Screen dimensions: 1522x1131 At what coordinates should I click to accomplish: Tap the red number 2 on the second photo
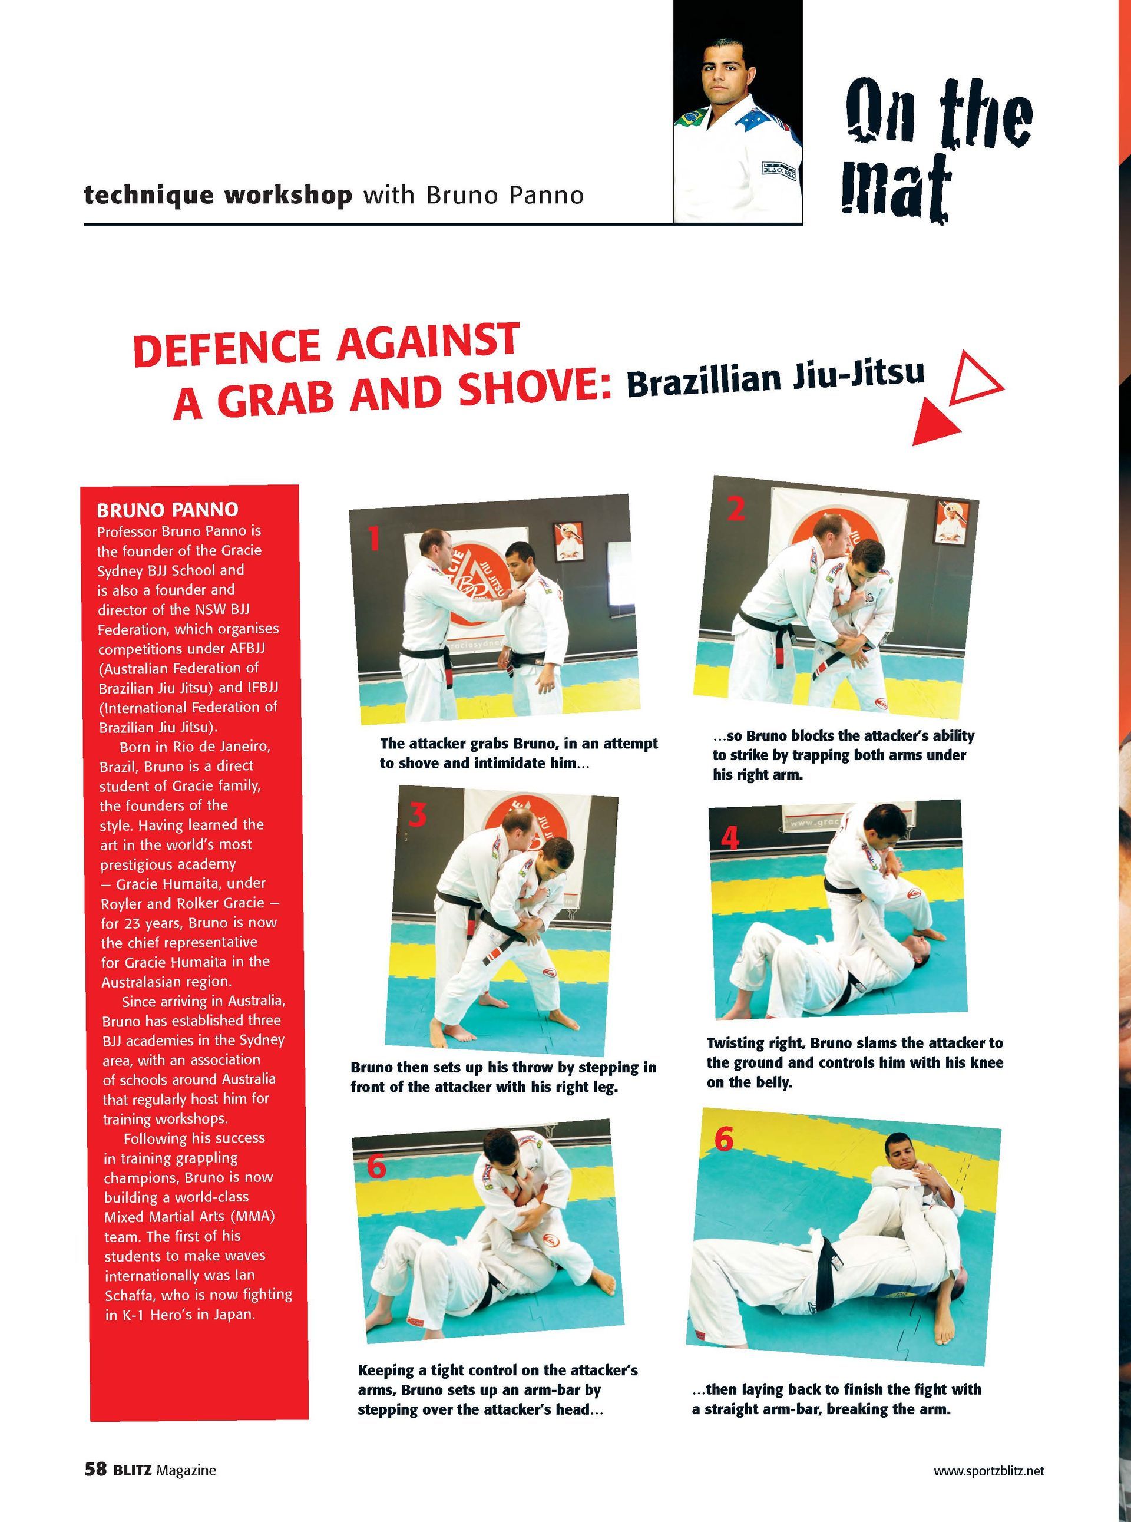[736, 508]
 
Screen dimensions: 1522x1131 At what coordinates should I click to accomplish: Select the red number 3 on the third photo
[418, 815]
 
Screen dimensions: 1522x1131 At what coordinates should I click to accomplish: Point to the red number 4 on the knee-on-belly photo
[730, 837]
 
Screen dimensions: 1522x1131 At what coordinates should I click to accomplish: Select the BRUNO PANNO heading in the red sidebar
[167, 510]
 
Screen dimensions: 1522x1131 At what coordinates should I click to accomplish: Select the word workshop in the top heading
[287, 196]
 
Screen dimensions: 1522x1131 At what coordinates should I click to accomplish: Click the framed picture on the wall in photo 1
[567, 541]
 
